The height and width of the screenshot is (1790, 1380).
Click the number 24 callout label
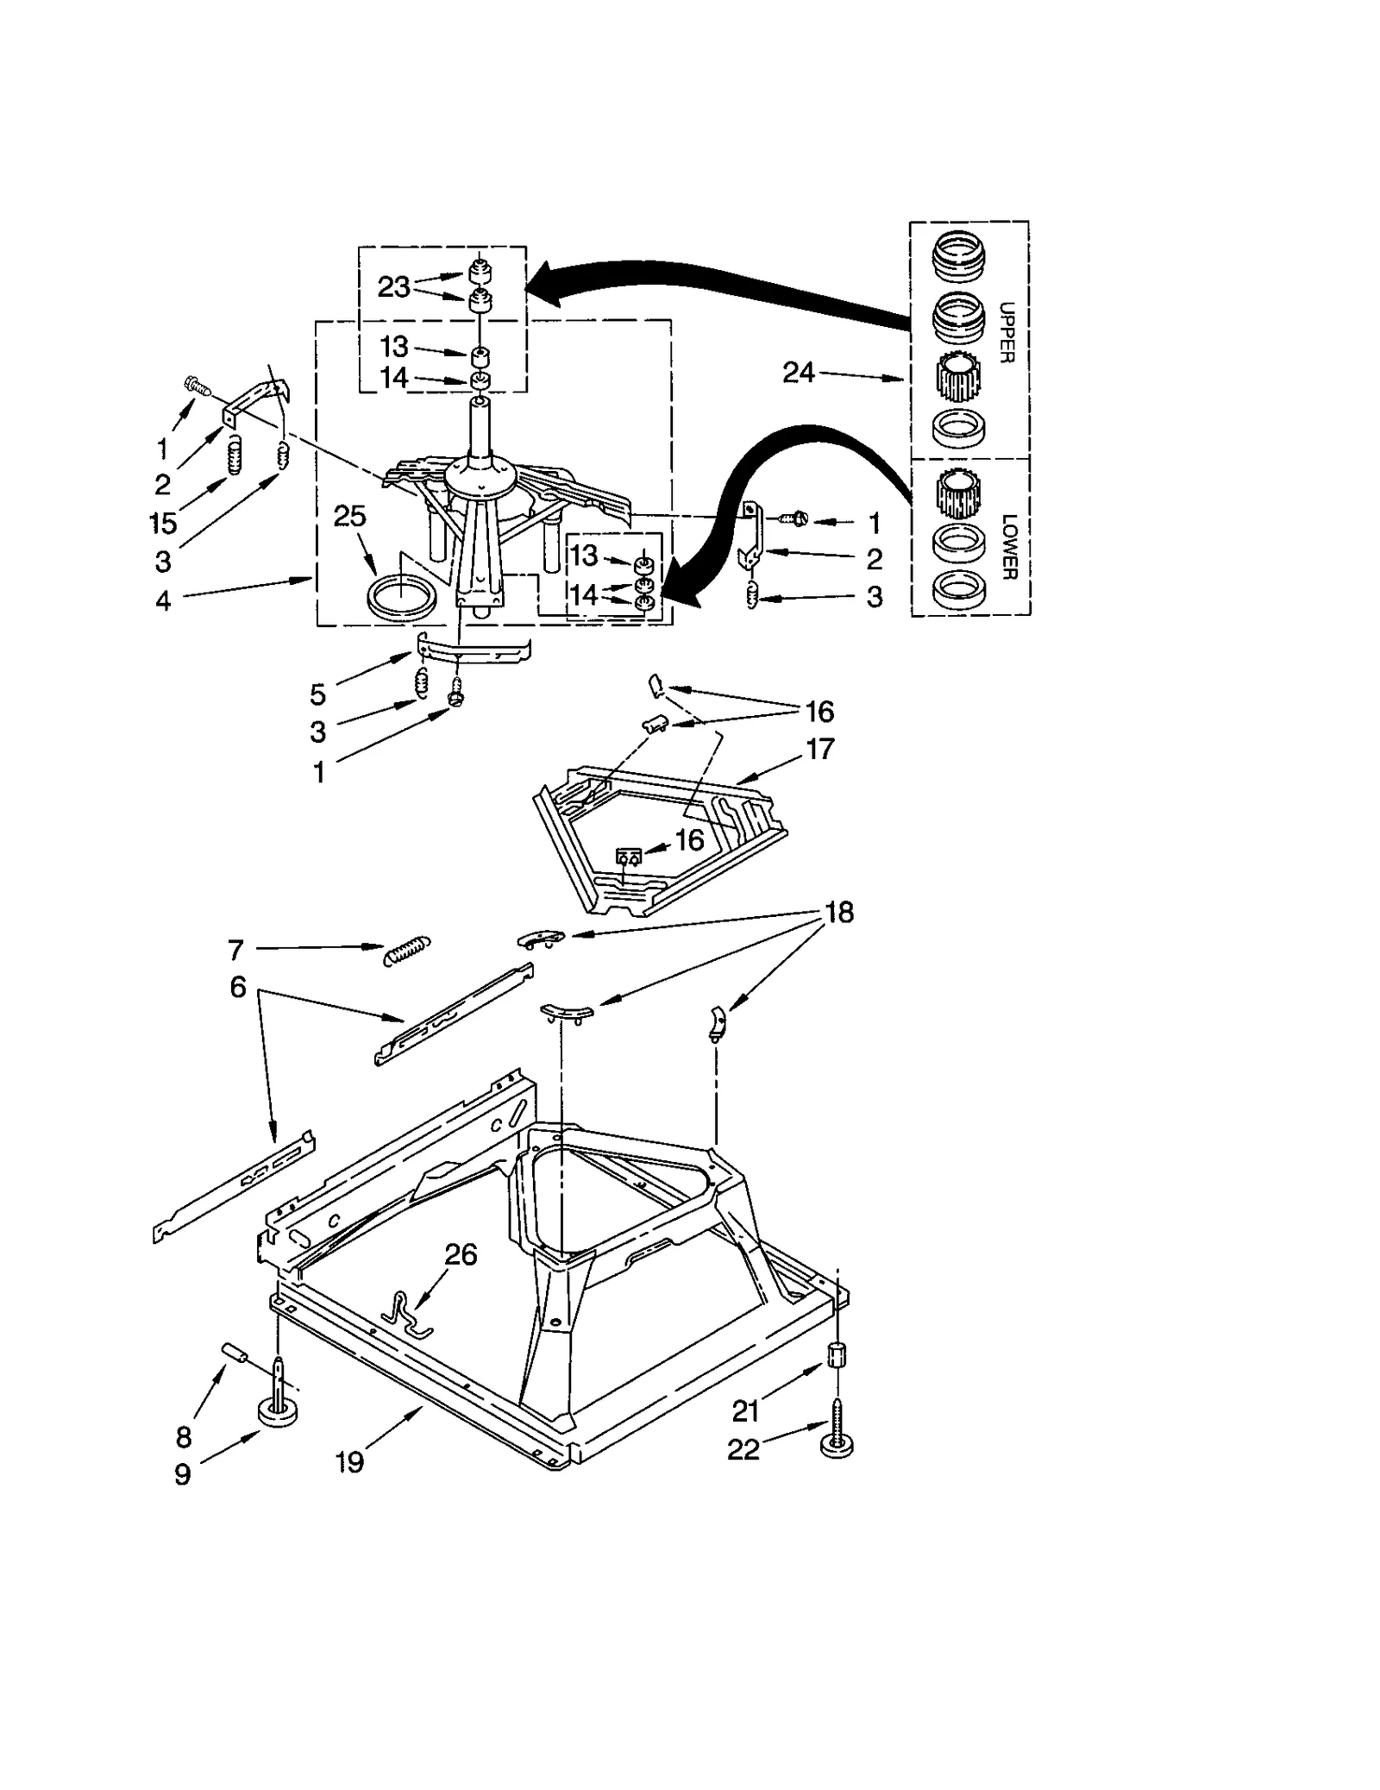798,373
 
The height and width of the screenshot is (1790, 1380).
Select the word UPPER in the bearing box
1007,332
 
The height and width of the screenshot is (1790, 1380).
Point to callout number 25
349,516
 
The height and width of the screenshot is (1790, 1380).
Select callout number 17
819,749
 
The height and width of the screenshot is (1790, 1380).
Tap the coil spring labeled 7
407,949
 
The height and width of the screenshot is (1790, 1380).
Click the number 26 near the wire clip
461,1254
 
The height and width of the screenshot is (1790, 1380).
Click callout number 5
317,694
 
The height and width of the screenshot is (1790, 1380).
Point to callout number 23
393,286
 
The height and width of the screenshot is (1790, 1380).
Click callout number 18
838,912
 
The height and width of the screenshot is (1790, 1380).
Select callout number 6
238,986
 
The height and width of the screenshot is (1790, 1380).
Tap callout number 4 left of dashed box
163,600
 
